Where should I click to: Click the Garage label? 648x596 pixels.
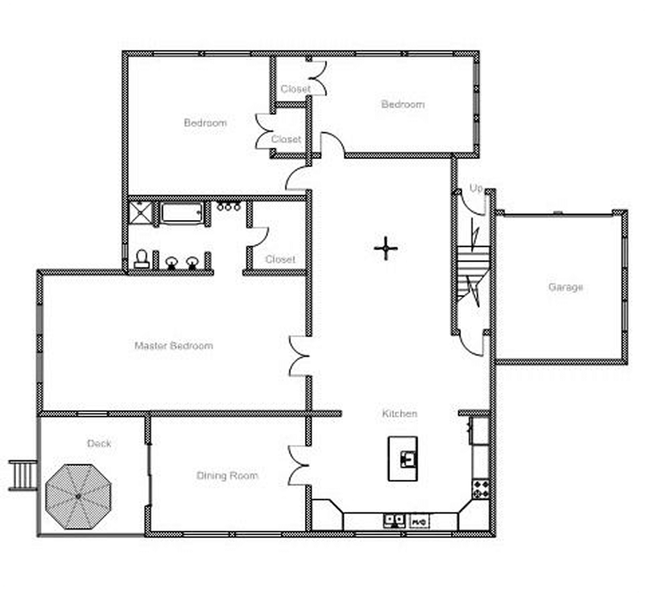click(x=565, y=287)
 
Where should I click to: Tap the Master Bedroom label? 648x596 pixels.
click(x=174, y=345)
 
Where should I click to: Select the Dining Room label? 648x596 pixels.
click(x=227, y=475)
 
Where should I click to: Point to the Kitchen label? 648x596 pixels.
click(x=399, y=414)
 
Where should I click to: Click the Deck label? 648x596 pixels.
click(x=99, y=443)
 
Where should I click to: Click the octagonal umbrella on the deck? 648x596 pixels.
click(x=78, y=497)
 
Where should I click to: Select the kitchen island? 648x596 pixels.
click(x=402, y=458)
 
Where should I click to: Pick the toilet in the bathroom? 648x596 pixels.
click(x=141, y=258)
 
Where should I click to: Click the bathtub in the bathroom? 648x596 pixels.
click(x=181, y=213)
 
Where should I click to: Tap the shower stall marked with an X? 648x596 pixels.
click(x=139, y=213)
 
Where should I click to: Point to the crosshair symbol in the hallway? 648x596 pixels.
click(x=385, y=249)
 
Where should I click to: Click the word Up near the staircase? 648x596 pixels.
click(x=476, y=188)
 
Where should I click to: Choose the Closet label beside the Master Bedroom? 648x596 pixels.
click(x=280, y=259)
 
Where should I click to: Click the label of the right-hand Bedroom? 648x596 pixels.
click(x=403, y=104)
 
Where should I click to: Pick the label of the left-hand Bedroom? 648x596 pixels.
click(x=205, y=123)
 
